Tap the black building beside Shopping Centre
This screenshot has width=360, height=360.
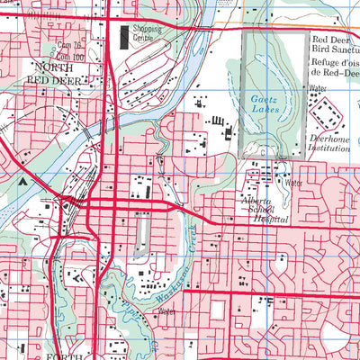124,37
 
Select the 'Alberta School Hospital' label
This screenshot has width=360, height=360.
265,210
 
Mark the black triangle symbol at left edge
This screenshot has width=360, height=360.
22,180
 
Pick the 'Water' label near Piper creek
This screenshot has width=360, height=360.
165,311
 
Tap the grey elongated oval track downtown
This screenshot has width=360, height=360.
139,235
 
